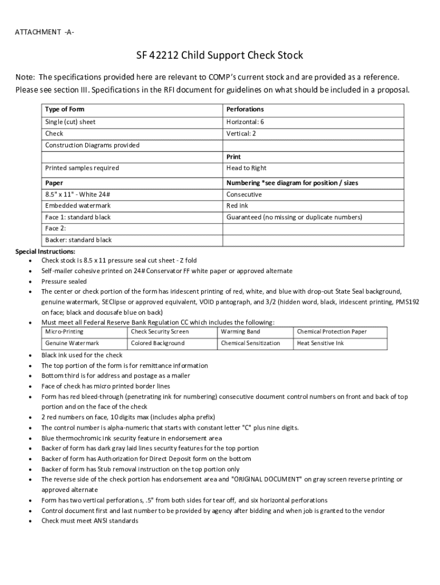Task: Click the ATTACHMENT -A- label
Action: [45, 31]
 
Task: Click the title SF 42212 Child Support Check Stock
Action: [219, 55]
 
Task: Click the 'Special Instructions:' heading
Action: [45, 251]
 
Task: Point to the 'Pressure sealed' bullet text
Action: [64, 282]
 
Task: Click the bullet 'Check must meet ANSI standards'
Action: [89, 521]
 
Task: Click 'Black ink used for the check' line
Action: [82, 355]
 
